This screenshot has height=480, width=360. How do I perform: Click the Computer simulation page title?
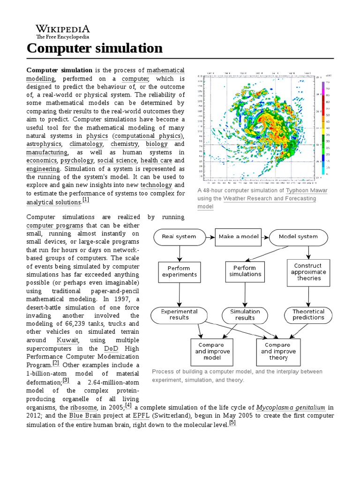(x=95, y=48)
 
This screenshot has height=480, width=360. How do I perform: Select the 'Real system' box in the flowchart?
(x=179, y=237)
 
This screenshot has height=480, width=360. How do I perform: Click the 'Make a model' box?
(x=239, y=237)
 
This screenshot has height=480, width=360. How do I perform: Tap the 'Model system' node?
(x=298, y=237)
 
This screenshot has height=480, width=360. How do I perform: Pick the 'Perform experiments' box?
(x=179, y=272)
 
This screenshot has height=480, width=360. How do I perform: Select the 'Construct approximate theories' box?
(x=308, y=272)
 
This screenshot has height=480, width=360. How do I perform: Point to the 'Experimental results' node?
(x=179, y=315)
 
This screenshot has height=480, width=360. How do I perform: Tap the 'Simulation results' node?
(x=245, y=315)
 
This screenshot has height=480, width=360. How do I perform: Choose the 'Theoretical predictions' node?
(x=308, y=315)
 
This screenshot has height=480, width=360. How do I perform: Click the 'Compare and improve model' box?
(x=212, y=351)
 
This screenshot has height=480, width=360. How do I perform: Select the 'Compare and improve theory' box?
(x=278, y=351)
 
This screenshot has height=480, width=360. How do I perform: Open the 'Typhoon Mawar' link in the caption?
(x=307, y=191)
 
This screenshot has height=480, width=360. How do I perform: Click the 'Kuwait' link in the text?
(x=67, y=340)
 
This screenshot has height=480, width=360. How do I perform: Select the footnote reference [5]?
(x=232, y=422)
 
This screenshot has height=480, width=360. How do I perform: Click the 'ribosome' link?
(x=82, y=407)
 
